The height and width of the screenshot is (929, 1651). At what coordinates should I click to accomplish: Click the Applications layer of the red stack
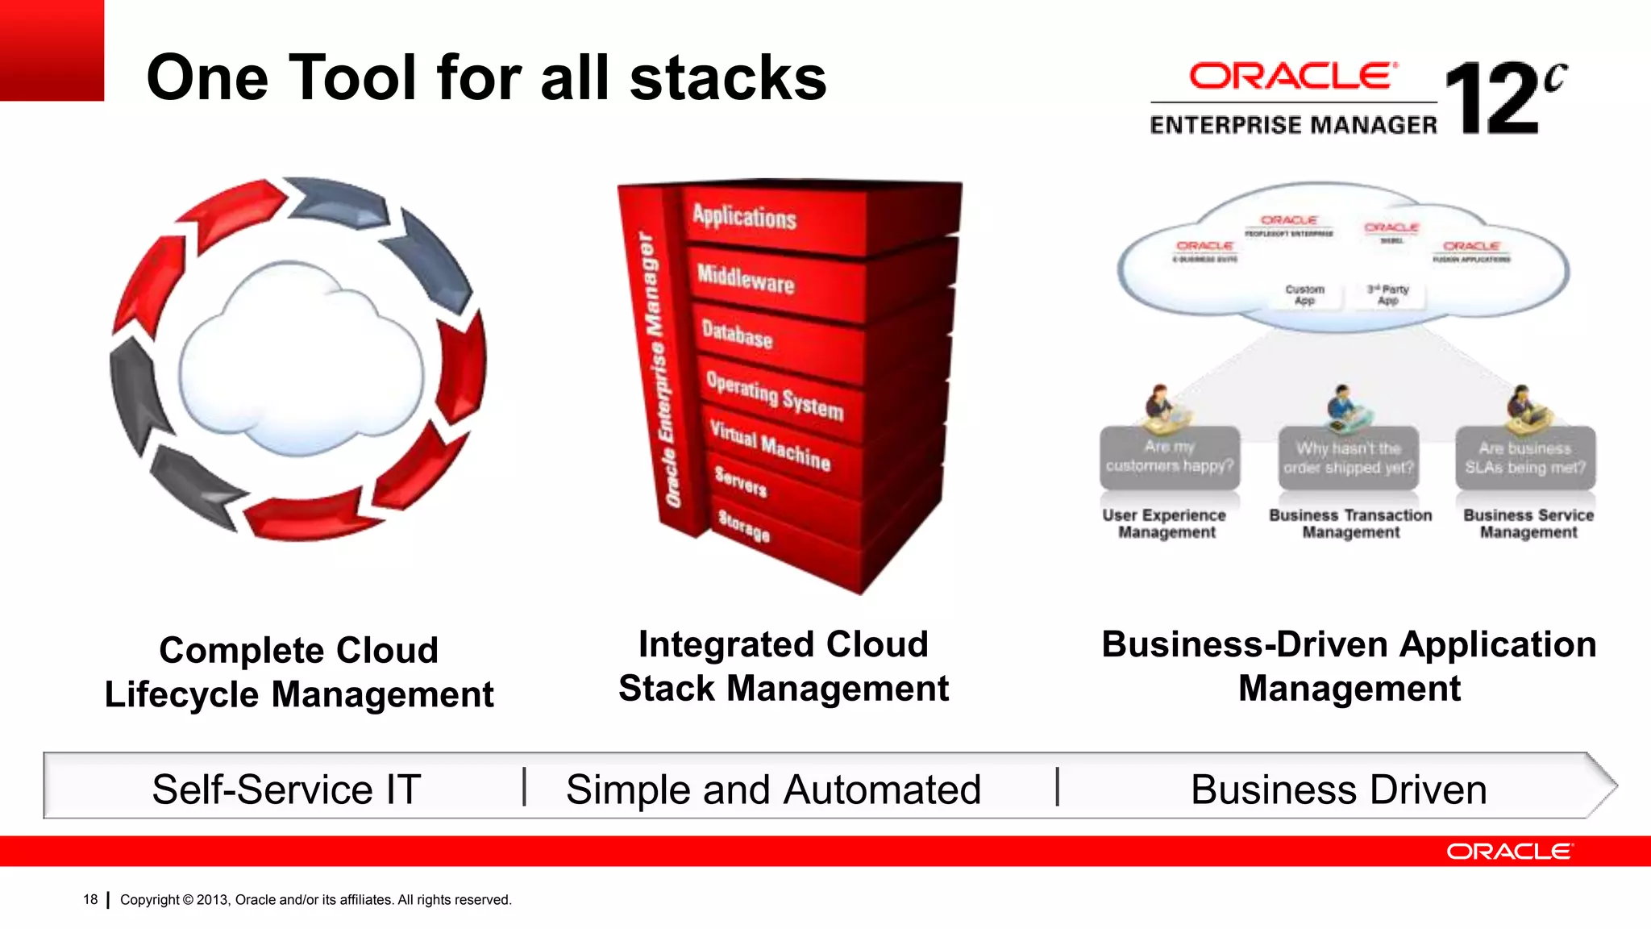(745, 217)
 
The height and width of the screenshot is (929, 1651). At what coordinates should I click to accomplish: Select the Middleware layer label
(746, 278)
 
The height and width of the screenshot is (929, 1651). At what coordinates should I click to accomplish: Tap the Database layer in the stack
(737, 333)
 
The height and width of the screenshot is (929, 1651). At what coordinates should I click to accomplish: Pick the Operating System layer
(775, 395)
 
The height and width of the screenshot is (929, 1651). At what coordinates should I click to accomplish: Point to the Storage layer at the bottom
(743, 526)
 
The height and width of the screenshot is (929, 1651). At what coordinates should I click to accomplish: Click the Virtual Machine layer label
(770, 444)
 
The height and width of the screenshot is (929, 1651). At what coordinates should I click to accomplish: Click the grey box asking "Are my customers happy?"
(1169, 457)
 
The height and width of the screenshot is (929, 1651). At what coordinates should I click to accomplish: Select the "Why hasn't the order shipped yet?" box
(1348, 458)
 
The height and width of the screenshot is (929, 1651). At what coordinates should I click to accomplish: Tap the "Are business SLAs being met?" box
(1525, 458)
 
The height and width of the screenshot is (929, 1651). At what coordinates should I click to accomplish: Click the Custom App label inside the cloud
(1304, 294)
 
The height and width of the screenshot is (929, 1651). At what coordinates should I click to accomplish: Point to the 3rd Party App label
(1387, 294)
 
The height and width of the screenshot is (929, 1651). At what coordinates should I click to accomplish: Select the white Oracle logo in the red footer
(1508, 852)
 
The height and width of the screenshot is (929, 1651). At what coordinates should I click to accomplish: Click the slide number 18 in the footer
(90, 899)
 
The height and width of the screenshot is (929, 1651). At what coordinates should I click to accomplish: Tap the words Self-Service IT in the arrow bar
(286, 789)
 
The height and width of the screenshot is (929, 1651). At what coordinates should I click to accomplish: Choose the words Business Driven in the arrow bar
(1338, 789)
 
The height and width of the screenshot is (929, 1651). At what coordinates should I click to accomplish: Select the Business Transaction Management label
(1350, 523)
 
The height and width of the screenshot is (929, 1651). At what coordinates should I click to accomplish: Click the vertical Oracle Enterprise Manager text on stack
(658, 371)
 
